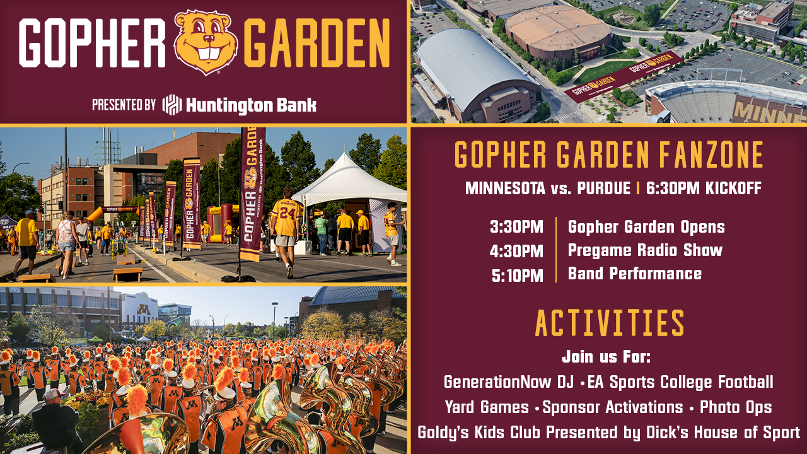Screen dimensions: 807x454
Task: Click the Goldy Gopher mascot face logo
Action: click(206, 42)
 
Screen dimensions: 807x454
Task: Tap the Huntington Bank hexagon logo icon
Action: click(172, 105)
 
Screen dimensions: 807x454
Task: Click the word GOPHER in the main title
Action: click(92, 43)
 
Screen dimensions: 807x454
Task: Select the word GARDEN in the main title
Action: click(317, 43)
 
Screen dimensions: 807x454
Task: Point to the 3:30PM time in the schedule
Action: click(516, 227)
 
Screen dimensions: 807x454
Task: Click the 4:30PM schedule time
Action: click(516, 251)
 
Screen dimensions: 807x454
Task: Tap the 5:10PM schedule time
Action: click(518, 276)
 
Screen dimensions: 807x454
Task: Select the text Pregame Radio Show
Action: click(645, 251)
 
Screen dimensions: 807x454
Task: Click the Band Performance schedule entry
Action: click(635, 274)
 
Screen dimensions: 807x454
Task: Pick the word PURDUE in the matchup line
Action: click(604, 188)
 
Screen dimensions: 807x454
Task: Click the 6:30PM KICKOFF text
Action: click(704, 188)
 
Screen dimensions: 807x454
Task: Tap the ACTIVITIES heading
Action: click(610, 323)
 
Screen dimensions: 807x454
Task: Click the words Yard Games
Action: click(487, 407)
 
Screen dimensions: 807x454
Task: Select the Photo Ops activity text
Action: click(736, 407)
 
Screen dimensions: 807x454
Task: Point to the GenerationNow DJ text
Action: click(509, 382)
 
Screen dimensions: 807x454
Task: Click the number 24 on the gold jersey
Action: click(288, 213)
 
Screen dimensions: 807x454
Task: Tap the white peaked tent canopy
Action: click(349, 180)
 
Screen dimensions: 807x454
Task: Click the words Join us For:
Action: click(607, 357)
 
